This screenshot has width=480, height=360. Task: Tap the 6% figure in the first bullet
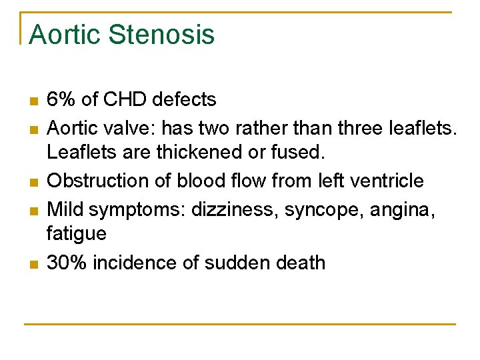61,100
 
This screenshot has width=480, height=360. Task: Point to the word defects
184,100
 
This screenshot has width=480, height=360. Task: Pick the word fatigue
76,234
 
